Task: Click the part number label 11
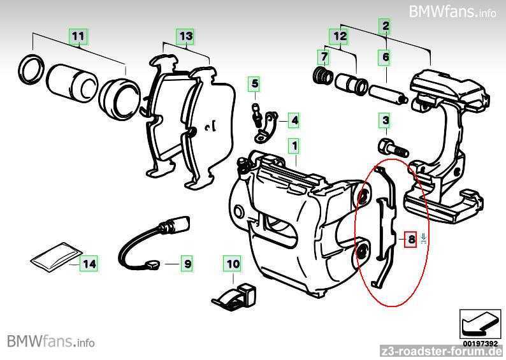(78, 36)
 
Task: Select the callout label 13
(185, 36)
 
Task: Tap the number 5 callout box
(255, 83)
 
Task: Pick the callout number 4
(294, 120)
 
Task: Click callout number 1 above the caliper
(294, 146)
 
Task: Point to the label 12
(340, 36)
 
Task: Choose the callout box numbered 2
(385, 26)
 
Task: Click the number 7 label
(324, 58)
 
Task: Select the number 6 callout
(386, 58)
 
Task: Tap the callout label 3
(385, 120)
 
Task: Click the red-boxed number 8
(412, 240)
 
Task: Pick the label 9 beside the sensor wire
(187, 262)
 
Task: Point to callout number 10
(233, 263)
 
